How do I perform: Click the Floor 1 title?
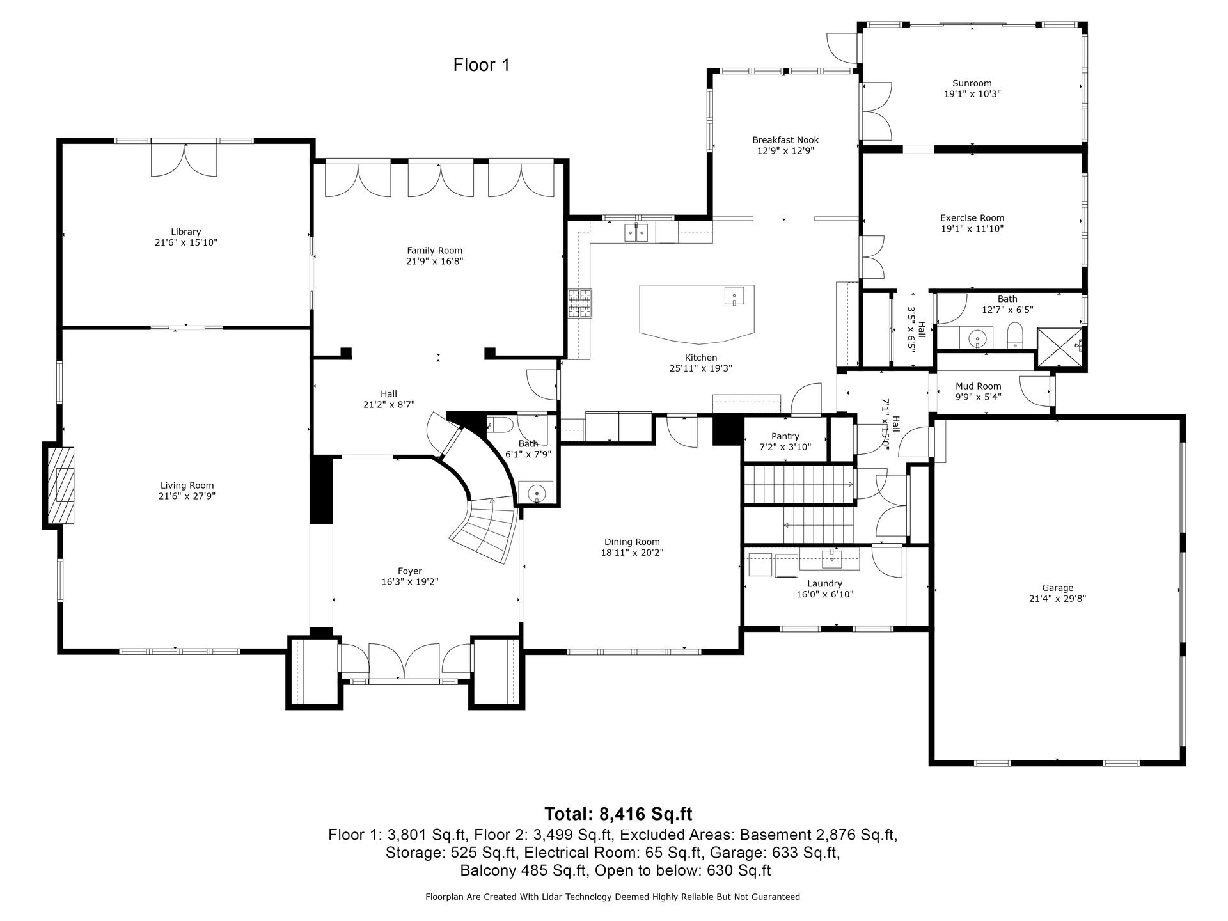click(482, 65)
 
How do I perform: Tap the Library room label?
click(186, 232)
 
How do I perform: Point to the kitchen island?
click(697, 313)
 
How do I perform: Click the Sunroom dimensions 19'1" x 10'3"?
click(972, 94)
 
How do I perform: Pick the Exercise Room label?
click(972, 218)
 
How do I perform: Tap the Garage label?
click(1058, 588)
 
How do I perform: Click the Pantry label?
click(785, 436)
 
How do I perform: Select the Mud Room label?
click(979, 386)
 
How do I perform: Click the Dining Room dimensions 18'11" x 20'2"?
click(632, 553)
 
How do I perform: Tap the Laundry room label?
click(825, 583)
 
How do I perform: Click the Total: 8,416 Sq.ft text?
click(618, 814)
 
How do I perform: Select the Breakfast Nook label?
click(785, 140)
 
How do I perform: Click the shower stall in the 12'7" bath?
click(1060, 349)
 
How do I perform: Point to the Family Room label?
click(435, 251)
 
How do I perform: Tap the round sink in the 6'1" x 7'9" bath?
click(536, 493)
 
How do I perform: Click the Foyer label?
click(410, 571)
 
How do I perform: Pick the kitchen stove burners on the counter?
click(580, 304)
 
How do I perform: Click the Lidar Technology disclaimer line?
click(613, 897)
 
